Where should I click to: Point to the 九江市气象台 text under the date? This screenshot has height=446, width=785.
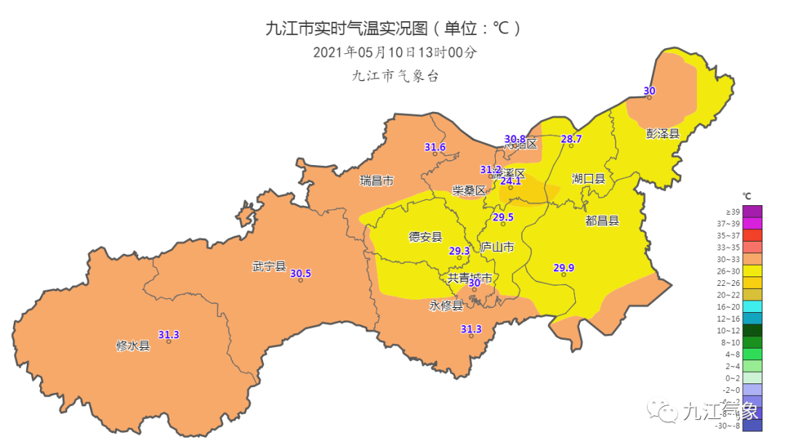[395, 76]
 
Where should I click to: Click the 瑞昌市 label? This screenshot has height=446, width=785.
[377, 180]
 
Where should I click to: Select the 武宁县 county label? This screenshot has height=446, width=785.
[269, 267]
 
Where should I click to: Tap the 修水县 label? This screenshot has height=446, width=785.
[133, 346]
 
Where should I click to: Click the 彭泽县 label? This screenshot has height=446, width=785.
[662, 134]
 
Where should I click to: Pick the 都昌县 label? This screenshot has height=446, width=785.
[602, 220]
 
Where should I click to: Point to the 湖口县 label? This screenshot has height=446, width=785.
[588, 178]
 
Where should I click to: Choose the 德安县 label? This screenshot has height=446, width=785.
[425, 236]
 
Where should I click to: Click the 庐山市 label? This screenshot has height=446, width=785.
[497, 248]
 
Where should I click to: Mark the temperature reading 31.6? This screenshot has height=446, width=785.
[435, 148]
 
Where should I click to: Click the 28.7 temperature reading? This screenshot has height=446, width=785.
[571, 139]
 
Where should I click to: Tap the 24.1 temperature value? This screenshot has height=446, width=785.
[511, 181]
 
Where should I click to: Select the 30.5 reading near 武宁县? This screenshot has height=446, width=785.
[300, 274]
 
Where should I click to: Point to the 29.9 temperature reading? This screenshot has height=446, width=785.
[564, 268]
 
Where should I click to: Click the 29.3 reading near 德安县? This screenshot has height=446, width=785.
[459, 251]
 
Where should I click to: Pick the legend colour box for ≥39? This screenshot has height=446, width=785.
[752, 211]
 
